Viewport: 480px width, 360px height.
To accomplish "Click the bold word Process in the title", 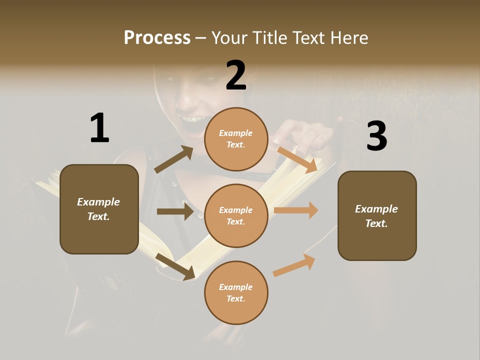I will click(x=157, y=38).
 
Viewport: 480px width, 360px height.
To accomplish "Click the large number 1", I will click(x=99, y=128).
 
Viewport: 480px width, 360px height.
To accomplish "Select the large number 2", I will click(x=236, y=75).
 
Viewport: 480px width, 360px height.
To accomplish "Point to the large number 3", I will click(x=376, y=136).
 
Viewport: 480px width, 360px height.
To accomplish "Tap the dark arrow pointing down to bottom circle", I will click(x=175, y=266).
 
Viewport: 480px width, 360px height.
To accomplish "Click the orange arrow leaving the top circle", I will click(x=297, y=159).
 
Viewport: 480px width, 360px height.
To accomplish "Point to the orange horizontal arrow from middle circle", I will click(x=296, y=210).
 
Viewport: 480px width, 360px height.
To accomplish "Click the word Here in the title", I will click(x=348, y=38).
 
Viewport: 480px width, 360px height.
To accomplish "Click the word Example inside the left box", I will click(x=98, y=202).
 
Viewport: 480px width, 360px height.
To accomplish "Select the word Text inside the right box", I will click(x=376, y=223).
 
